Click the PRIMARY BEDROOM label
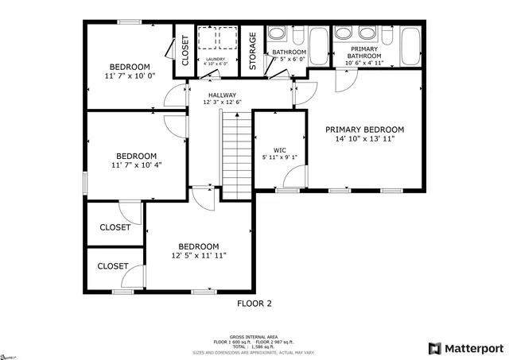tap(364, 130)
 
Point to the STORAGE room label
tap(253, 51)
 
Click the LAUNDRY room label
tap(215, 59)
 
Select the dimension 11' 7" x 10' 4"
tap(136, 166)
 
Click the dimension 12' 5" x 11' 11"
tap(198, 256)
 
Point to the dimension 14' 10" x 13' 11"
tap(364, 139)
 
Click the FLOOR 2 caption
tap(254, 303)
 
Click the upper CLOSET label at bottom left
tap(115, 227)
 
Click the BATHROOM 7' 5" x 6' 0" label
tap(288, 55)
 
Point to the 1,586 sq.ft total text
tap(254, 347)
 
